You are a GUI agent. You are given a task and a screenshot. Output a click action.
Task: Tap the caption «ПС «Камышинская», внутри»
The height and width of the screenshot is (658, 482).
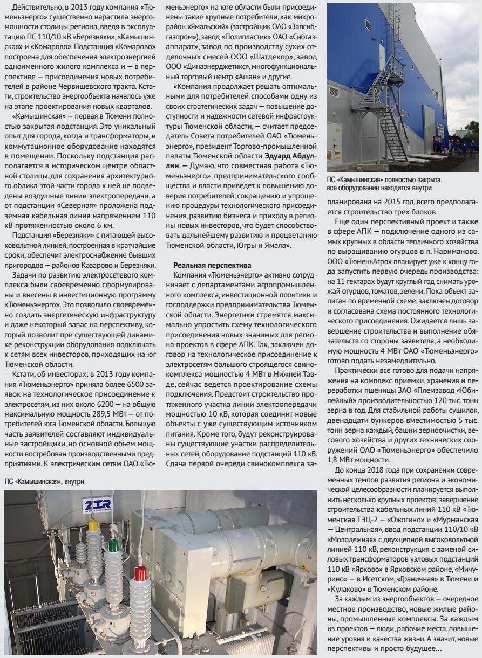45,480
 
